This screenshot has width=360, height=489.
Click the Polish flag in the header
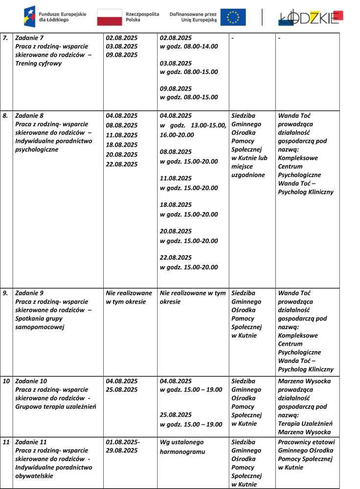pos(109,17)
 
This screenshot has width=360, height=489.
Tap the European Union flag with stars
pos(233,17)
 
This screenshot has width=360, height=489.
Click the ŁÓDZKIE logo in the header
pos(310,17)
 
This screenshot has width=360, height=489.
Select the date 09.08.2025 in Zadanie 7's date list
pos(122,55)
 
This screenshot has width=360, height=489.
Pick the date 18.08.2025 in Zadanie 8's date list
pos(122,145)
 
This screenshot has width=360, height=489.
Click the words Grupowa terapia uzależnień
pos(55,406)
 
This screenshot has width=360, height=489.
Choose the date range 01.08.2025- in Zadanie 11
pos(123,442)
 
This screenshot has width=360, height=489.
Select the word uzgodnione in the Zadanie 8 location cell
pos(248,175)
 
